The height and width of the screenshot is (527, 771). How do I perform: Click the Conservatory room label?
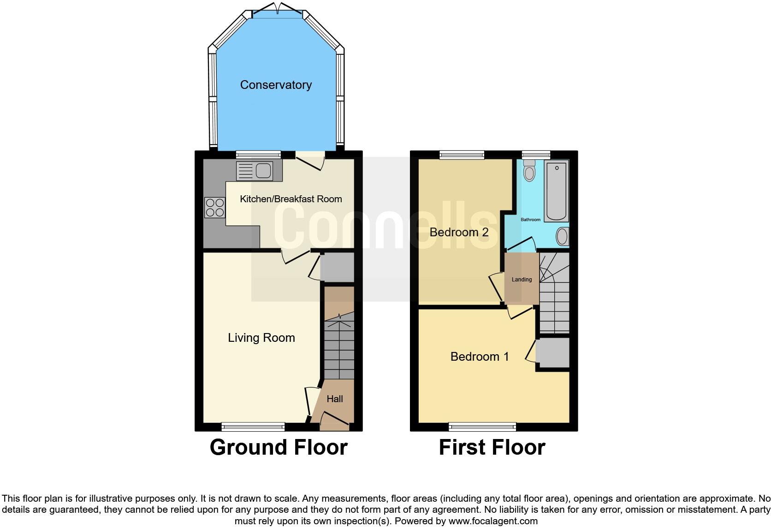pyautogui.click(x=276, y=85)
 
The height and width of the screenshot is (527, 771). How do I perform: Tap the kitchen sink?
pyautogui.click(x=255, y=171)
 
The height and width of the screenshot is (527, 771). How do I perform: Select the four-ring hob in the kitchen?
pyautogui.click(x=215, y=207)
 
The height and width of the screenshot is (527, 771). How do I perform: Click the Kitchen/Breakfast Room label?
pyautogui.click(x=291, y=199)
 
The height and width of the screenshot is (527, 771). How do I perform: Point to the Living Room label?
pyautogui.click(x=261, y=338)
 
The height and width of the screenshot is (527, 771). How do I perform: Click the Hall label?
pyautogui.click(x=335, y=399)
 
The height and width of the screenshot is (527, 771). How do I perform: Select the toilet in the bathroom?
pyautogui.click(x=530, y=171)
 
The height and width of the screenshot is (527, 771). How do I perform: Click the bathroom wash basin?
pyautogui.click(x=562, y=237)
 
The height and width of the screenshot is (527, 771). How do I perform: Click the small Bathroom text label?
pyautogui.click(x=530, y=220)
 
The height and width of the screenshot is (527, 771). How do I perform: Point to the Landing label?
pyautogui.click(x=522, y=280)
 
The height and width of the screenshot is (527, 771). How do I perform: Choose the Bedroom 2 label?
pyautogui.click(x=459, y=232)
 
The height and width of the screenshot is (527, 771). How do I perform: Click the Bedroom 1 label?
pyautogui.click(x=480, y=357)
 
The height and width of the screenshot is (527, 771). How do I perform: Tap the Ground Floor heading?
pyautogui.click(x=279, y=447)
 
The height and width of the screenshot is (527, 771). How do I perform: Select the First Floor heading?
pyautogui.click(x=492, y=447)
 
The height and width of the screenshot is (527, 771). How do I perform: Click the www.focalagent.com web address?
pyautogui.click(x=493, y=521)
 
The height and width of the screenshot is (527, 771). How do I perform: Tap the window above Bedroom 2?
pyautogui.click(x=462, y=154)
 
